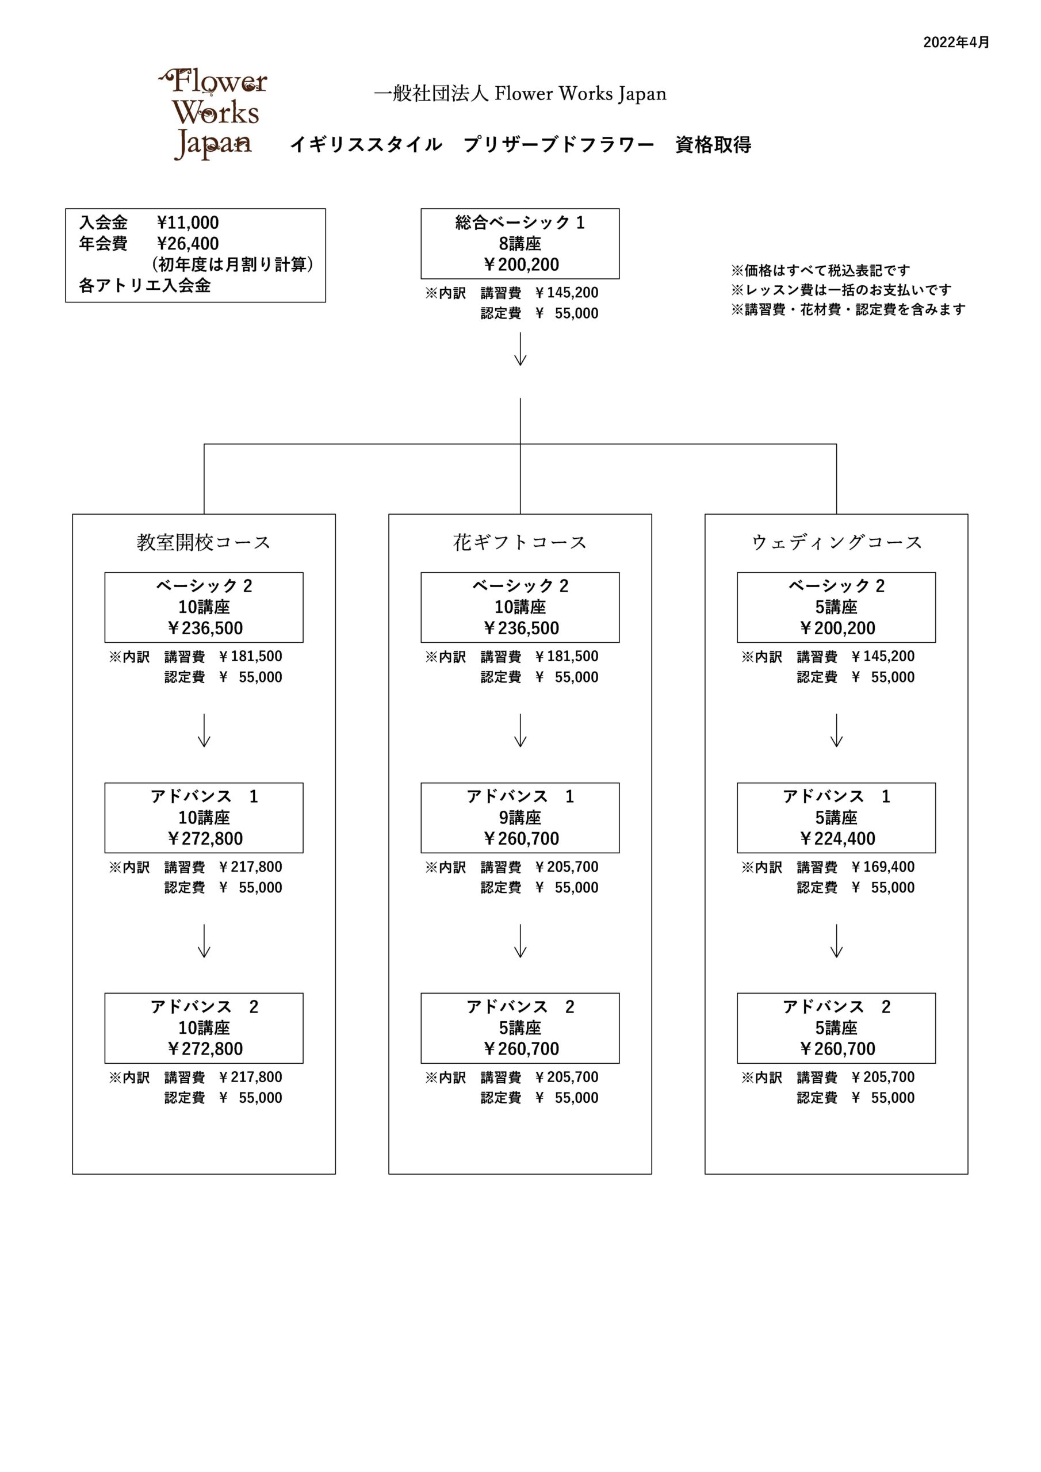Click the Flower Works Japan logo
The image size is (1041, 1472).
[212, 114]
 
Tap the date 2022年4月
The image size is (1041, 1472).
[956, 43]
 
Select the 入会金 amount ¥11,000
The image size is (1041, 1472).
[188, 223]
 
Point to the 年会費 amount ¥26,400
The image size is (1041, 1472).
[188, 244]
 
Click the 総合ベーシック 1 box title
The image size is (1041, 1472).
[519, 223]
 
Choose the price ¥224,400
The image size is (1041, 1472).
[836, 838]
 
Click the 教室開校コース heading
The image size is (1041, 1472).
[204, 542]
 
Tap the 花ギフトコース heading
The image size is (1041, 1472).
[519, 542]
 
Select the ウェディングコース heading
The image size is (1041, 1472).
[836, 542]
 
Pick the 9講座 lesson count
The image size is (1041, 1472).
[519, 818]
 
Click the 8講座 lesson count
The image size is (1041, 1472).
[519, 244]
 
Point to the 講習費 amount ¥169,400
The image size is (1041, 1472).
[883, 867]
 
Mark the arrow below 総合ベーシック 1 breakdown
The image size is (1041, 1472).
[520, 349]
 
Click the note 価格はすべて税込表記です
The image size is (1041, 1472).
[820, 271]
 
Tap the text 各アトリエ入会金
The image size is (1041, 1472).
[145, 285]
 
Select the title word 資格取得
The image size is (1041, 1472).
[713, 145]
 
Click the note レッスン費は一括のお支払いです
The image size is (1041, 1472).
[841, 290]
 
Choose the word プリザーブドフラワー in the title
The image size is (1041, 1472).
[558, 145]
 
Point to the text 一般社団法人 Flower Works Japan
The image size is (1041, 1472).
[520, 94]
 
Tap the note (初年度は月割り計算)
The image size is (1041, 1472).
[232, 264]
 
